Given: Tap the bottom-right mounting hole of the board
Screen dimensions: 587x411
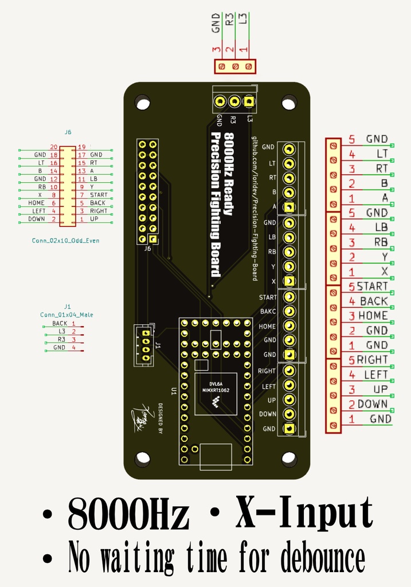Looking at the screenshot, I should pyautogui.click(x=289, y=459).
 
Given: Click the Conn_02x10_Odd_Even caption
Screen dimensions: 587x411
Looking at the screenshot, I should pyautogui.click(x=65, y=241).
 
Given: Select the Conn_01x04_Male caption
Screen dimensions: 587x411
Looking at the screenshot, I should pyautogui.click(x=66, y=315).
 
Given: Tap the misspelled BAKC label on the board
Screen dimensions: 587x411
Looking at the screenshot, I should pyautogui.click(x=268, y=312).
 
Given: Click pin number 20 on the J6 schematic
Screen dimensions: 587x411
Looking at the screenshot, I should pyautogui.click(x=53, y=147).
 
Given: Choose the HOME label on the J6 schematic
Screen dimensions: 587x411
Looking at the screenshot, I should pyautogui.click(x=36, y=203).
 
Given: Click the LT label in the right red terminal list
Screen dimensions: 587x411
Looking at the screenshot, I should pyautogui.click(x=382, y=154).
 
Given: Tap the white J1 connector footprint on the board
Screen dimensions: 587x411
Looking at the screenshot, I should pyautogui.click(x=146, y=345).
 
